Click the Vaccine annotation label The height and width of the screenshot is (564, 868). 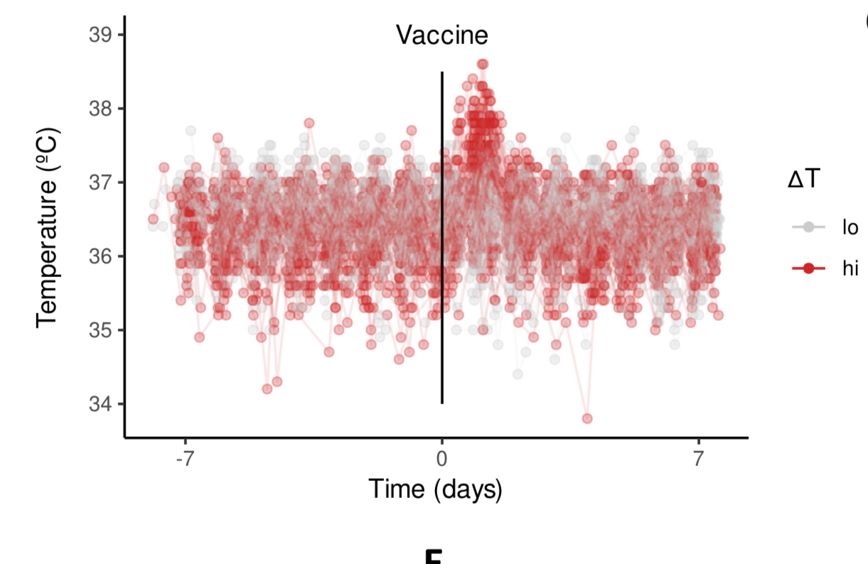[x=441, y=35]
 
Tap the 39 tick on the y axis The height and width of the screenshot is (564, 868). [x=100, y=35]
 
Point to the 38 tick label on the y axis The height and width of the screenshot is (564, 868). [x=100, y=109]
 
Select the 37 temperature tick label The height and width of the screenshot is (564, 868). [x=100, y=183]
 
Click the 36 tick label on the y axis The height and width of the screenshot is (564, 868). [x=100, y=256]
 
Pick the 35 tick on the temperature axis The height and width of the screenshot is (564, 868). [x=100, y=330]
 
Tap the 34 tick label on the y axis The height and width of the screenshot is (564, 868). [x=100, y=404]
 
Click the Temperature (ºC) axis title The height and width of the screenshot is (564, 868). [x=47, y=228]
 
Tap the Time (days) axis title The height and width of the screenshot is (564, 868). [x=435, y=489]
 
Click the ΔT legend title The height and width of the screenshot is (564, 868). [x=804, y=180]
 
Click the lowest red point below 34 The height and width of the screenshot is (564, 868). [x=586, y=418]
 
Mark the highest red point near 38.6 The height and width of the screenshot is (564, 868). [x=483, y=65]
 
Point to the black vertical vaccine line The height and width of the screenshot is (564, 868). [x=442, y=234]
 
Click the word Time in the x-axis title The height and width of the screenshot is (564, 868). [x=391, y=489]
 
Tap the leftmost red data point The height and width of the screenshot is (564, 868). [x=153, y=219]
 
